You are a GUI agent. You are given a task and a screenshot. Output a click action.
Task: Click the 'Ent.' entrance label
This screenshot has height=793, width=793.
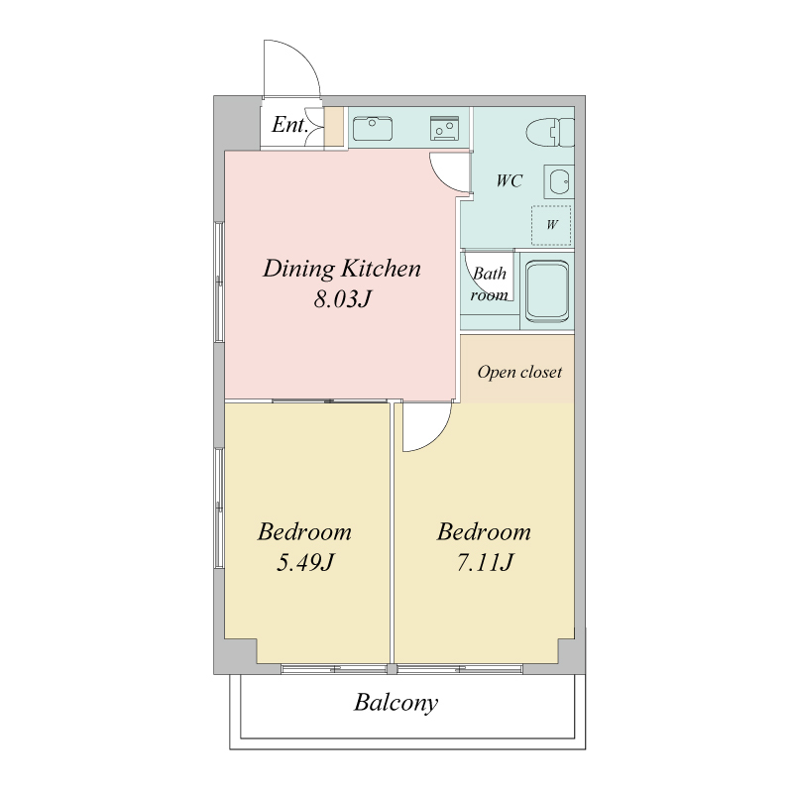coord(289,125)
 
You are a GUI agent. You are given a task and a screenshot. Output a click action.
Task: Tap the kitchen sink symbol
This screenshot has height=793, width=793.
coord(373,129)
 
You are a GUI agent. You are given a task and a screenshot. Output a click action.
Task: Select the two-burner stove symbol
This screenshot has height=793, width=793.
coord(444,129)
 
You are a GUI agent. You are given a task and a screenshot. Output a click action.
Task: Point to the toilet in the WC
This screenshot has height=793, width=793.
coord(550,133)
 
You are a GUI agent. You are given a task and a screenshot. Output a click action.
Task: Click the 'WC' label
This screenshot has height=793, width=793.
coord(509,180)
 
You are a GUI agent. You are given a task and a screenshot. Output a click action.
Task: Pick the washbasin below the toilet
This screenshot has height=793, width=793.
coord(559,181)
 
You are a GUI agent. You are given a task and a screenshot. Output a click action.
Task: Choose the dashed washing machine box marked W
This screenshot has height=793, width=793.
coord(551,225)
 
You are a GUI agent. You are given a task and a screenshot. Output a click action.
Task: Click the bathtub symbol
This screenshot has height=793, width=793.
coord(547,291)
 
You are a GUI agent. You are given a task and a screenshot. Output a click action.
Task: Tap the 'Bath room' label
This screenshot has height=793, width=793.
coord(489,284)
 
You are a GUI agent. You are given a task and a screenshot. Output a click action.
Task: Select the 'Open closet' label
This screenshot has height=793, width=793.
coord(519,373)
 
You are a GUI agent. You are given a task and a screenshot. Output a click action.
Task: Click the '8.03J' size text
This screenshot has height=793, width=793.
coord(342,299)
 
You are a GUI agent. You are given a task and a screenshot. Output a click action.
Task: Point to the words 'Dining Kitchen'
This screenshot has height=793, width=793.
coord(342,268)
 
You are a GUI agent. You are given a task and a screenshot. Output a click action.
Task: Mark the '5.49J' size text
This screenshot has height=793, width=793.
coord(305,562)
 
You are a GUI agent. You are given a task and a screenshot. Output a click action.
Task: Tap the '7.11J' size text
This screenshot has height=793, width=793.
coord(485,562)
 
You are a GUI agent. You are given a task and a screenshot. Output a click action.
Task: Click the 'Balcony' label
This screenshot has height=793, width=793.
coord(396,703)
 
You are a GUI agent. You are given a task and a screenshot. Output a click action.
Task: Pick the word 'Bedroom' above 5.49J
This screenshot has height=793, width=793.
coord(304,531)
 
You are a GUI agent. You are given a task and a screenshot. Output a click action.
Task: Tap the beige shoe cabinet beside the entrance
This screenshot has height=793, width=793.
coord(334,128)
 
